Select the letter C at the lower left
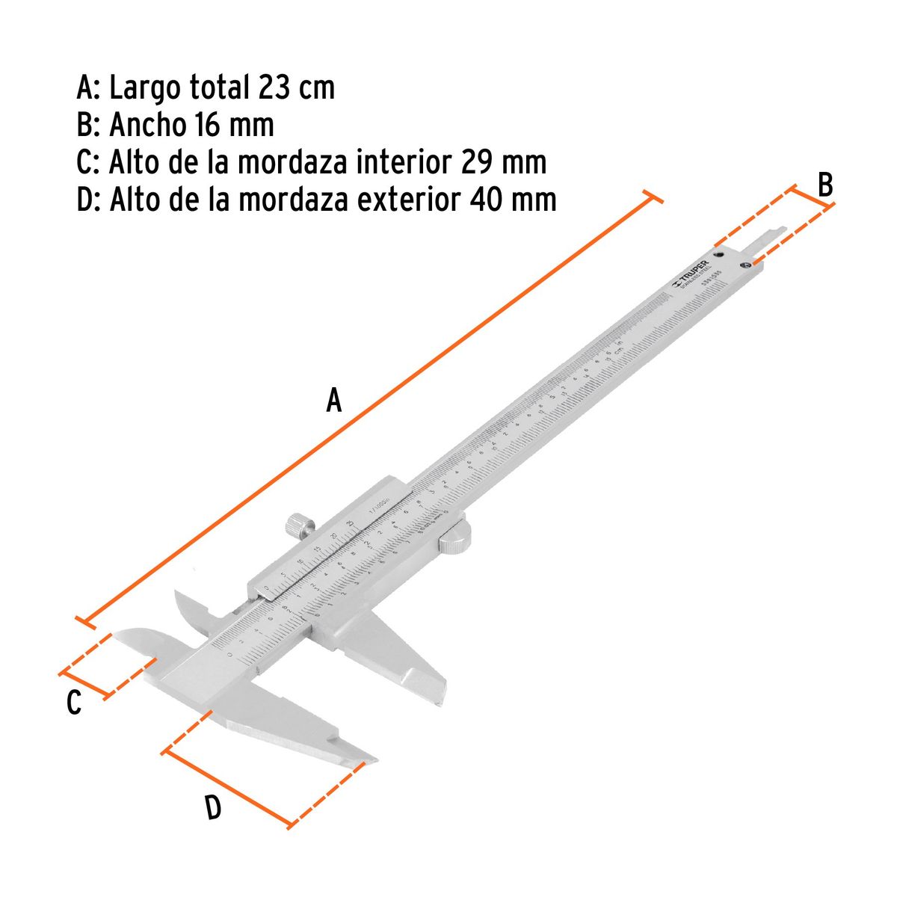point(73,703)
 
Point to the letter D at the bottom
point(213,807)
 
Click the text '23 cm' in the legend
point(297,88)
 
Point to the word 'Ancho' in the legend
point(147,125)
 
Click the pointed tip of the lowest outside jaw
point(370,762)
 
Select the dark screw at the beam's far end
point(745,265)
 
